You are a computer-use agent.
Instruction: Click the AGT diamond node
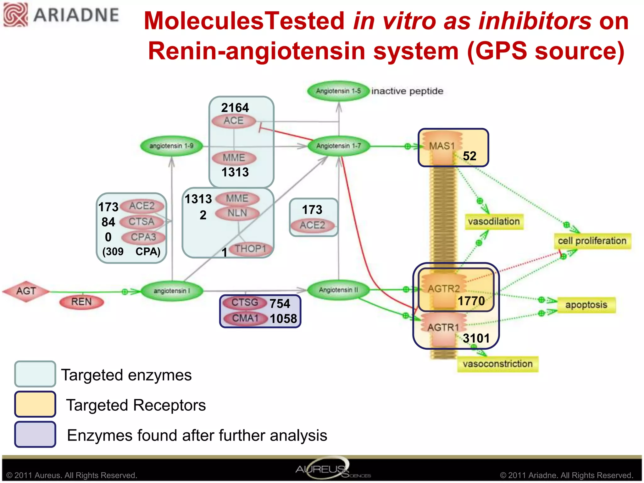click(26, 291)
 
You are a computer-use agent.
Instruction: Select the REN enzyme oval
click(81, 302)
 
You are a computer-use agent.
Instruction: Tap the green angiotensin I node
click(172, 291)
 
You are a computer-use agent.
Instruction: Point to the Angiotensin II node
click(338, 290)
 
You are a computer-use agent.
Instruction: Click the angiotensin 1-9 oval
click(171, 146)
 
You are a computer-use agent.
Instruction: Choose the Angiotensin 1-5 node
click(338, 91)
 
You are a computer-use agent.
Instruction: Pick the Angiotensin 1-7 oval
click(339, 146)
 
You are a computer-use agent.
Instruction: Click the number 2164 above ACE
click(235, 108)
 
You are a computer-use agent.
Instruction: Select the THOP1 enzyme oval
click(250, 249)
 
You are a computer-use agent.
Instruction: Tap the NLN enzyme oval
click(237, 213)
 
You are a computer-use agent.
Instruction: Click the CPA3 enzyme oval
click(143, 237)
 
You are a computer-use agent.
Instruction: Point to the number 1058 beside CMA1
click(283, 319)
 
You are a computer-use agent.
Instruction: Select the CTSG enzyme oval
click(245, 303)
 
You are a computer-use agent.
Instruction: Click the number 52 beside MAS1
click(469, 156)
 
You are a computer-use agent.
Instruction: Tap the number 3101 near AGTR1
click(476, 338)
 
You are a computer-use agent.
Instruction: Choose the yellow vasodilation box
click(494, 222)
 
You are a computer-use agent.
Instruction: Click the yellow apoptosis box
click(586, 305)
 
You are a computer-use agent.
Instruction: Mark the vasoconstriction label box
click(497, 364)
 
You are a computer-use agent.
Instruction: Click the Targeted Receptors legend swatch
click(35, 404)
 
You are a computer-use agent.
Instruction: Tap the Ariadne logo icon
click(15, 15)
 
